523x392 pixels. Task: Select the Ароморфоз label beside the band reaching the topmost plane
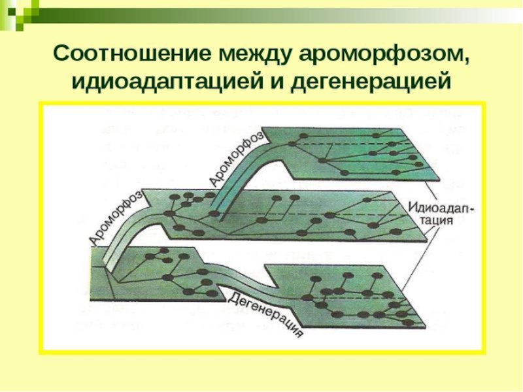236,157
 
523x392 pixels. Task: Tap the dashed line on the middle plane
314,215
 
